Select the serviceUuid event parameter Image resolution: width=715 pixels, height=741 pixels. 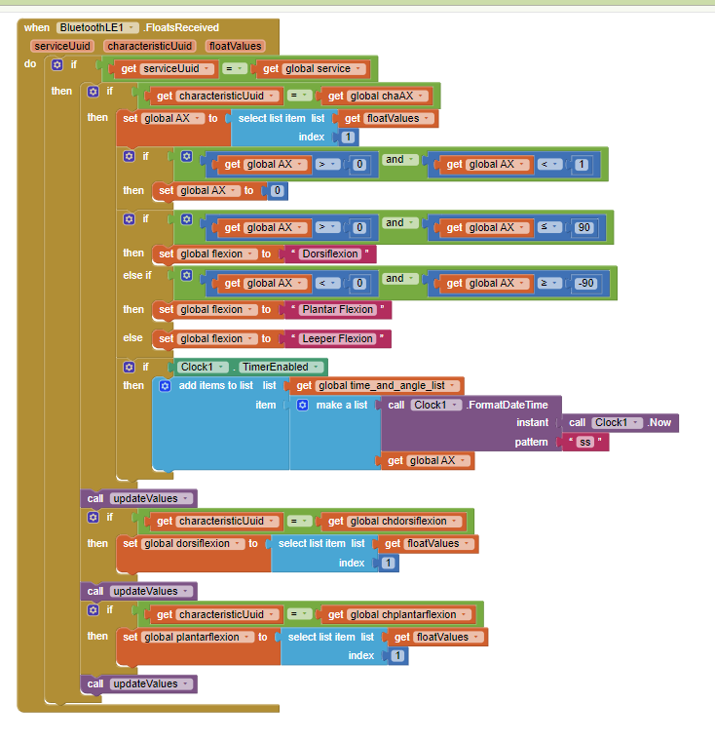tap(61, 46)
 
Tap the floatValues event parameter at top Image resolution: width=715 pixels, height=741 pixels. tap(236, 46)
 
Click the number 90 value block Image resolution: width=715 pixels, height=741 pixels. tap(584, 227)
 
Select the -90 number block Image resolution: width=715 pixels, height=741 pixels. tap(584, 283)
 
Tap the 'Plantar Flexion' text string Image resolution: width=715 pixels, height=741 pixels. tap(337, 309)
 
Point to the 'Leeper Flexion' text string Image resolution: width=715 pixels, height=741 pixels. tap(336, 338)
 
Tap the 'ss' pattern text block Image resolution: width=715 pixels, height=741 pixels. tap(585, 442)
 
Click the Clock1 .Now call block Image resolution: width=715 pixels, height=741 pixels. tap(621, 422)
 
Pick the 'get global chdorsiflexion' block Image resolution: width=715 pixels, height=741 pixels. tap(395, 521)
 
